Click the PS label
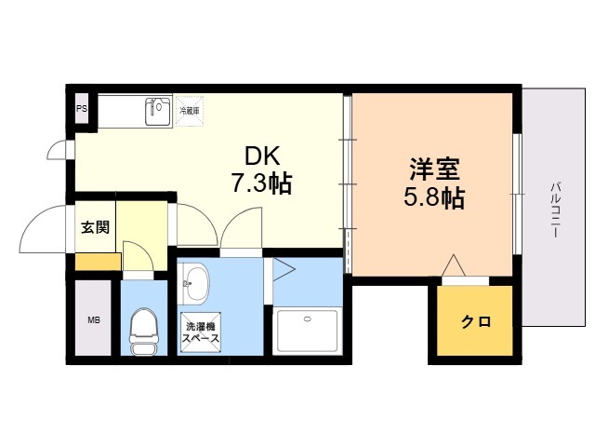pos(82,109)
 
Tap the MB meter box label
pos(94,320)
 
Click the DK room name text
pos(262,156)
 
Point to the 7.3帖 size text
pos(262,183)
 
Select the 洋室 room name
pos(434,169)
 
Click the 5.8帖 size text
pos(434,197)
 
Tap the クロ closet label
pos(476,322)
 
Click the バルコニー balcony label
pos(556,210)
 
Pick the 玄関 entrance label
pos(95,227)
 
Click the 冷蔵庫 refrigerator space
pos(190,111)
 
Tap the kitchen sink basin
pos(158,112)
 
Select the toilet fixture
pos(143,332)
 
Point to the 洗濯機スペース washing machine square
pos(201,332)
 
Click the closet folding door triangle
pos(454,264)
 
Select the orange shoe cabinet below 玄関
pos(99,262)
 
